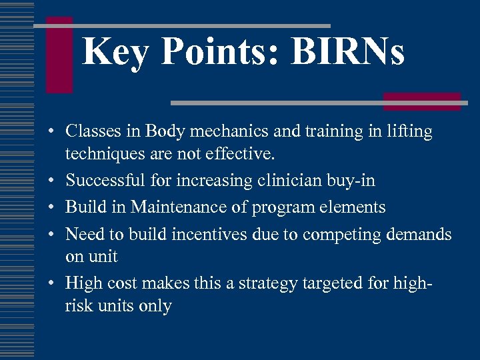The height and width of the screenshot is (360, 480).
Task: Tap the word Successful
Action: (x=104, y=181)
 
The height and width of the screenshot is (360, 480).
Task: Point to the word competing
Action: (x=343, y=235)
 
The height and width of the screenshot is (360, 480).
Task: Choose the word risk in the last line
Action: (x=77, y=306)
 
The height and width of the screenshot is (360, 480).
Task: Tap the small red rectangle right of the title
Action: (x=421, y=101)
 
